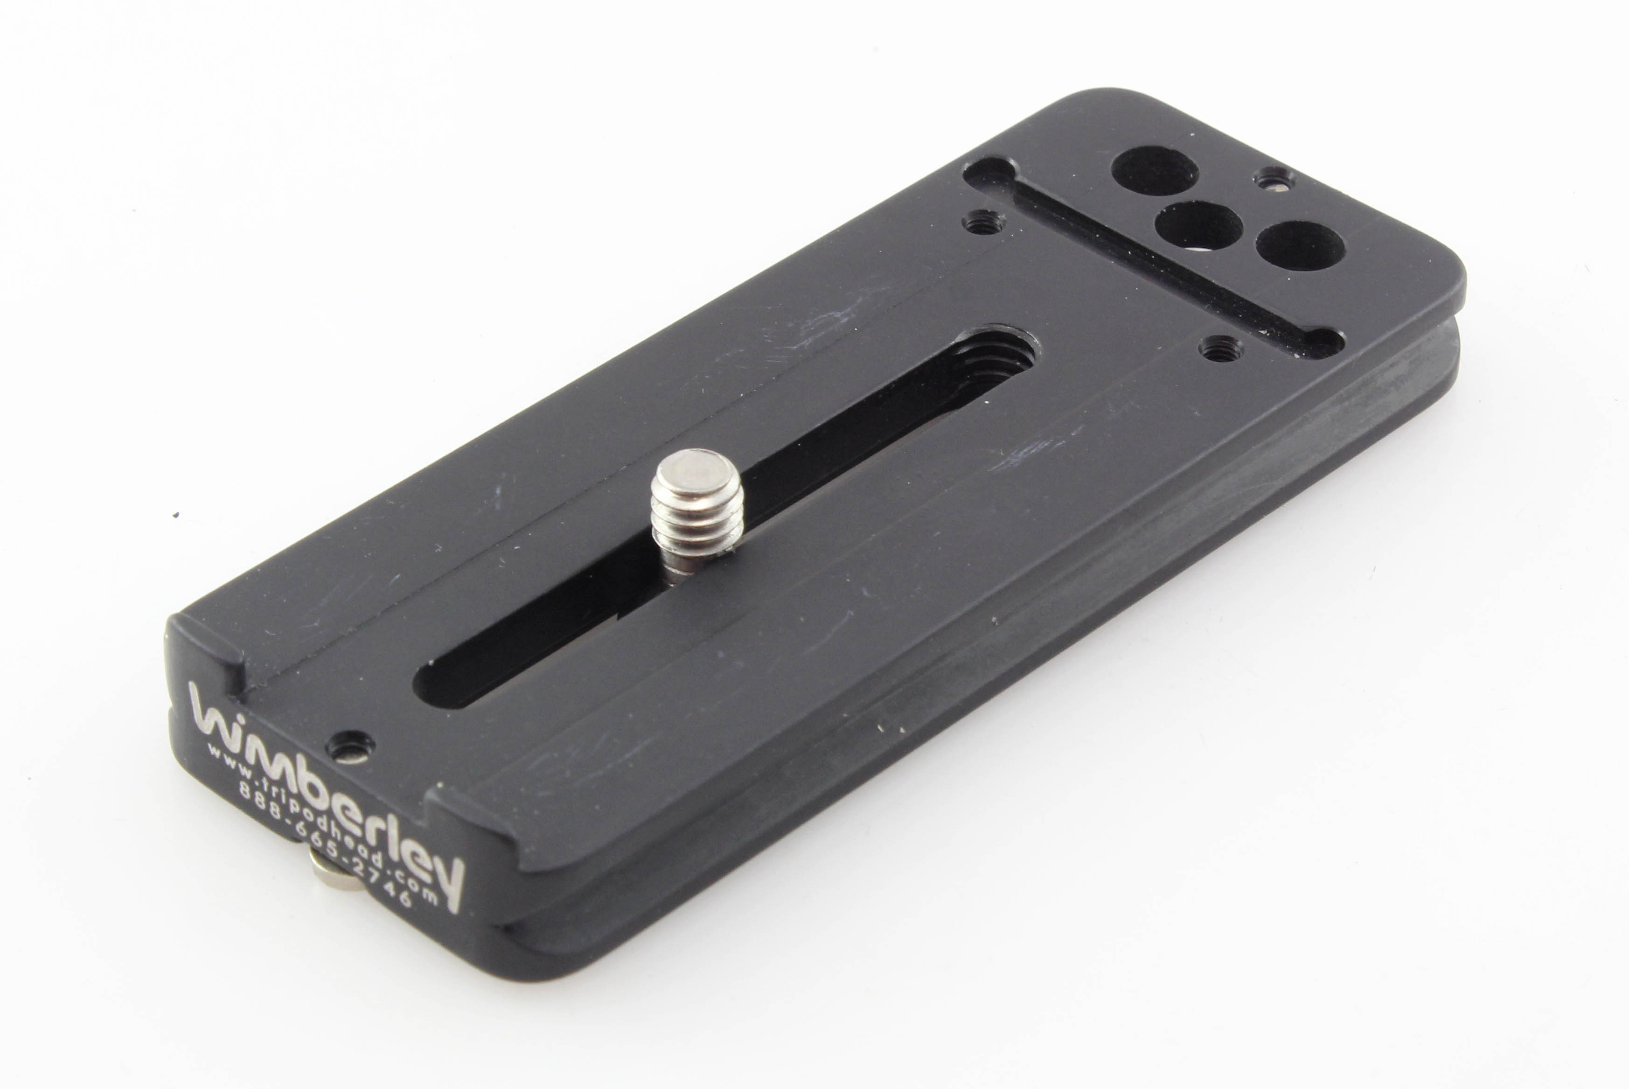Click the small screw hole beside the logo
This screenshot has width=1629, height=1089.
click(350, 747)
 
